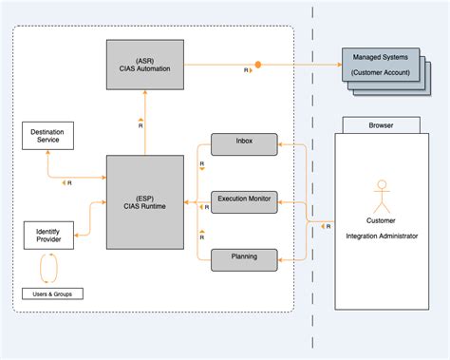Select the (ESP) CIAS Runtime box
pyautogui.click(x=144, y=204)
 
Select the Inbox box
pyautogui.click(x=244, y=143)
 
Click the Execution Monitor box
pyautogui.click(x=244, y=199)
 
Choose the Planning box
pyautogui.click(x=244, y=256)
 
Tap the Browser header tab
pyautogui.click(x=381, y=123)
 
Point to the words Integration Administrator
pyautogui.click(x=382, y=235)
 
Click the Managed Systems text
pyautogui.click(x=379, y=58)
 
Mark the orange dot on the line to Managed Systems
pyautogui.click(x=257, y=65)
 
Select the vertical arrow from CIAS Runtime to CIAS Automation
pyautogui.click(x=144, y=123)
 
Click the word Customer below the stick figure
pyautogui.click(x=382, y=221)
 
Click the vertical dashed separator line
pyautogui.click(x=313, y=190)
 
